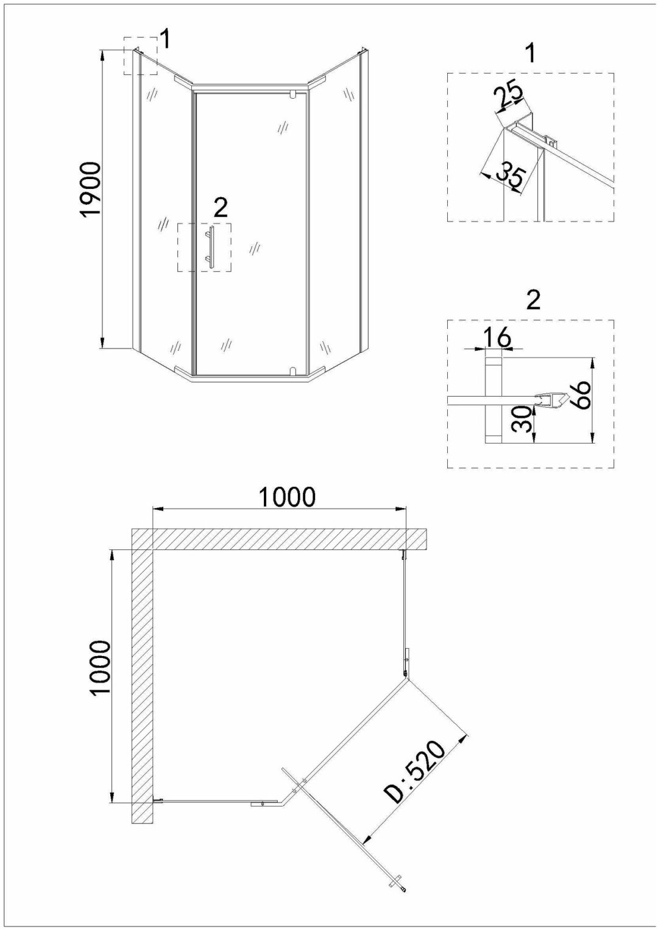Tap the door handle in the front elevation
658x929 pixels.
(211, 247)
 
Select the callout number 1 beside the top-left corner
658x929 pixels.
(165, 40)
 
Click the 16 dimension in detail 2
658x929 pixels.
(497, 338)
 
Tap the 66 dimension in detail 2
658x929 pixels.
(580, 394)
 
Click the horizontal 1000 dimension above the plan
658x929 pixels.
(287, 496)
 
